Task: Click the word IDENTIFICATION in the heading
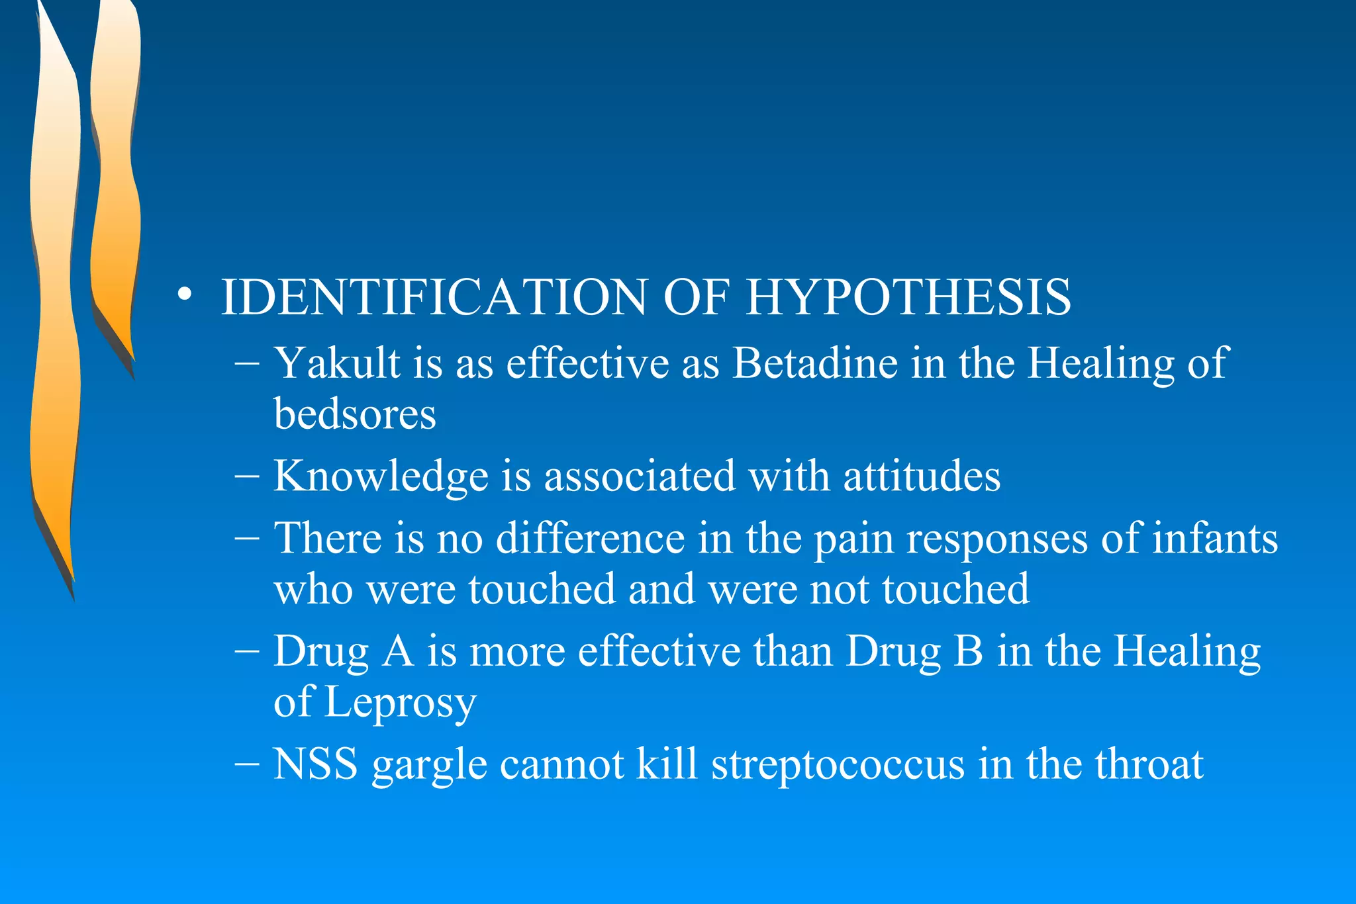point(433,297)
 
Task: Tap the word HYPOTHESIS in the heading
point(908,297)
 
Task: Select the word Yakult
point(337,363)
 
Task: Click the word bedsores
point(355,414)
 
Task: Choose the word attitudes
point(922,476)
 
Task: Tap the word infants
point(1215,537)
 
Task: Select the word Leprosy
point(400,702)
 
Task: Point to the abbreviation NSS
point(315,764)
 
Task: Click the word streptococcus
point(838,765)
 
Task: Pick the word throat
point(1149,764)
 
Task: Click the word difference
point(590,537)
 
